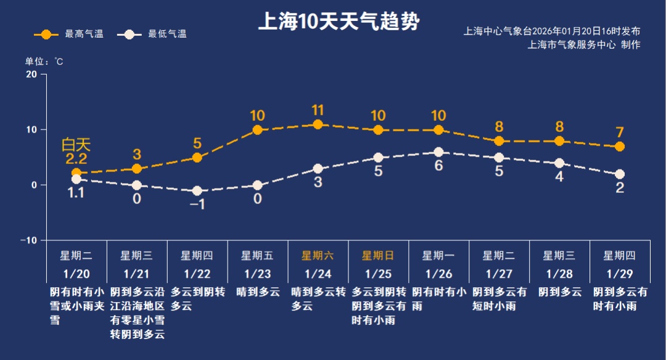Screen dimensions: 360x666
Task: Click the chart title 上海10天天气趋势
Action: [x=338, y=22]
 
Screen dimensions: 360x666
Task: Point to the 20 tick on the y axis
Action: [x=31, y=74]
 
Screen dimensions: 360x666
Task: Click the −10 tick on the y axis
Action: [x=28, y=240]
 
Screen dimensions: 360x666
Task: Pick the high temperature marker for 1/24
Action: [x=318, y=125]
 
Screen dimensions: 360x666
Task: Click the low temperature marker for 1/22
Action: [x=197, y=191]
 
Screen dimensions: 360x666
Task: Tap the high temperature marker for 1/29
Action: [x=619, y=147]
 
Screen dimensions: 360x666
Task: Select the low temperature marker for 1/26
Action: [x=438, y=152]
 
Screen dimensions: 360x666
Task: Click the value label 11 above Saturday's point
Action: [x=318, y=110]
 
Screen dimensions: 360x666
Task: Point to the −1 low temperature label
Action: [x=197, y=205]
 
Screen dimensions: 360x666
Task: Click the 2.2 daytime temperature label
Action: [x=76, y=160]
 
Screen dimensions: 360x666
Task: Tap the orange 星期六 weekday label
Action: [x=318, y=256]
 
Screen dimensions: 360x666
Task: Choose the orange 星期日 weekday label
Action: [x=377, y=256]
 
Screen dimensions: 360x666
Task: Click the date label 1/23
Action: [x=257, y=273]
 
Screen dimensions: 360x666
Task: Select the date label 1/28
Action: [x=559, y=273]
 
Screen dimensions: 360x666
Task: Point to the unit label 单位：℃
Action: [x=44, y=62]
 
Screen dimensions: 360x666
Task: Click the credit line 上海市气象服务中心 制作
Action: [x=584, y=44]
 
